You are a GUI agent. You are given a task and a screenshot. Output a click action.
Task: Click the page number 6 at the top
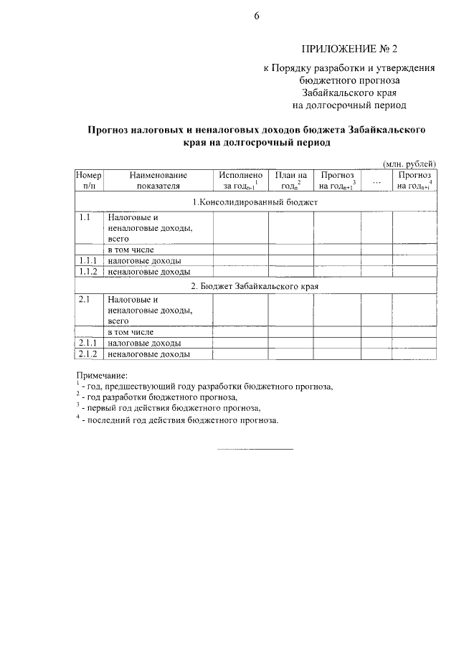[x=256, y=17]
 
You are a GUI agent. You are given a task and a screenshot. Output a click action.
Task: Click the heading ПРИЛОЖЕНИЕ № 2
[x=349, y=49]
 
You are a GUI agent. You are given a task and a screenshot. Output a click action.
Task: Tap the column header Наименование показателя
[x=158, y=180]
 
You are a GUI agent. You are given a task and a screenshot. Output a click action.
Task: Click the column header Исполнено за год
[x=240, y=180]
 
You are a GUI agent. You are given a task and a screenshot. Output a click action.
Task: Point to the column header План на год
[x=291, y=180]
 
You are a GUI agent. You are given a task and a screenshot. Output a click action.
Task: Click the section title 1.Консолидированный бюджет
[x=255, y=202]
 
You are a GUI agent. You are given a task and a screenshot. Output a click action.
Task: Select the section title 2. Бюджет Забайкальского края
[x=255, y=285]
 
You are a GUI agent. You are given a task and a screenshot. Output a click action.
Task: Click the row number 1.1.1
[x=89, y=260]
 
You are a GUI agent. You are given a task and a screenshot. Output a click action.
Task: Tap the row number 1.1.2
[x=89, y=271]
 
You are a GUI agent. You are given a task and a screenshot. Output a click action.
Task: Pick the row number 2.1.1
[x=89, y=344]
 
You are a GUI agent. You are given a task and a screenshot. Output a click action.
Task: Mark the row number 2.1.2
[x=89, y=354]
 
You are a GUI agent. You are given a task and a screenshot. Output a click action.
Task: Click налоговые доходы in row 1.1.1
[x=144, y=260]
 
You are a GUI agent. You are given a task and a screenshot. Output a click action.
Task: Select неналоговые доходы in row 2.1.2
[x=148, y=354]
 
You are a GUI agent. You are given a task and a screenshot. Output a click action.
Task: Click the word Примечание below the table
[x=101, y=374]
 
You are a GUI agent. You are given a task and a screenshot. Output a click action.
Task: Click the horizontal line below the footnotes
[x=255, y=449]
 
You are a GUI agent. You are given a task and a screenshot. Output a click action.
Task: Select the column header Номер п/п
[x=89, y=180]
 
